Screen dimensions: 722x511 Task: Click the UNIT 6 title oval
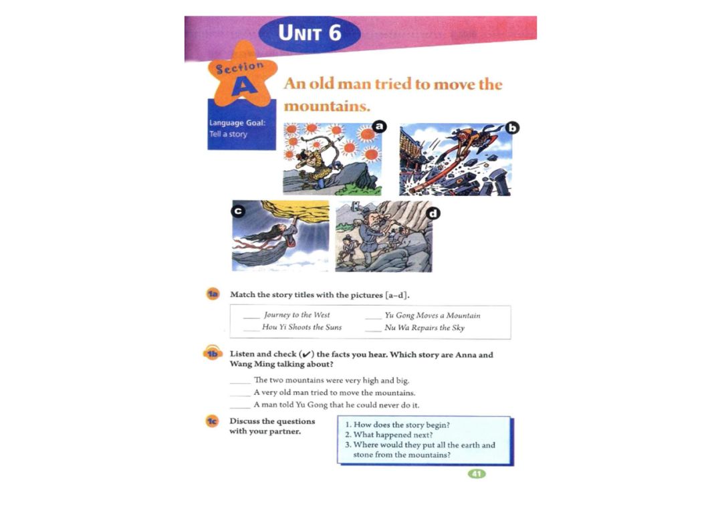click(310, 33)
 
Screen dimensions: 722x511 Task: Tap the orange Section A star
click(242, 75)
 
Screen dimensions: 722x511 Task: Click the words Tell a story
click(229, 134)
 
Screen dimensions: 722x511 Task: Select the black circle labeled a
click(379, 126)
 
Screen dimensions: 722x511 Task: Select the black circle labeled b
click(512, 128)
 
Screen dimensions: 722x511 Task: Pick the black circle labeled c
click(238, 211)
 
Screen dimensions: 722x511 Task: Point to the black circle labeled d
click(433, 213)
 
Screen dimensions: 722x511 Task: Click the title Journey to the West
click(297, 315)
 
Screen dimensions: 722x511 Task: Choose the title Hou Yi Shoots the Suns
click(302, 327)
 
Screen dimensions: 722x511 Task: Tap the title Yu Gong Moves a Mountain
click(433, 316)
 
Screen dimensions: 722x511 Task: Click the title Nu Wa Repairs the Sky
click(425, 328)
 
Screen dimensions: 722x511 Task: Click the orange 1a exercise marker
click(213, 294)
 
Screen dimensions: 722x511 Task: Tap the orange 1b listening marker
click(213, 353)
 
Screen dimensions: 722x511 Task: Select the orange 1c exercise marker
click(213, 421)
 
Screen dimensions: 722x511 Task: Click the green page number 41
click(477, 474)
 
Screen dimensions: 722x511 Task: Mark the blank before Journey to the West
click(251, 318)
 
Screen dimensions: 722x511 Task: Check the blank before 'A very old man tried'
click(240, 395)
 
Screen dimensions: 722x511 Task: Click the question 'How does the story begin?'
click(397, 425)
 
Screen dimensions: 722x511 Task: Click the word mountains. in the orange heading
click(327, 106)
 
